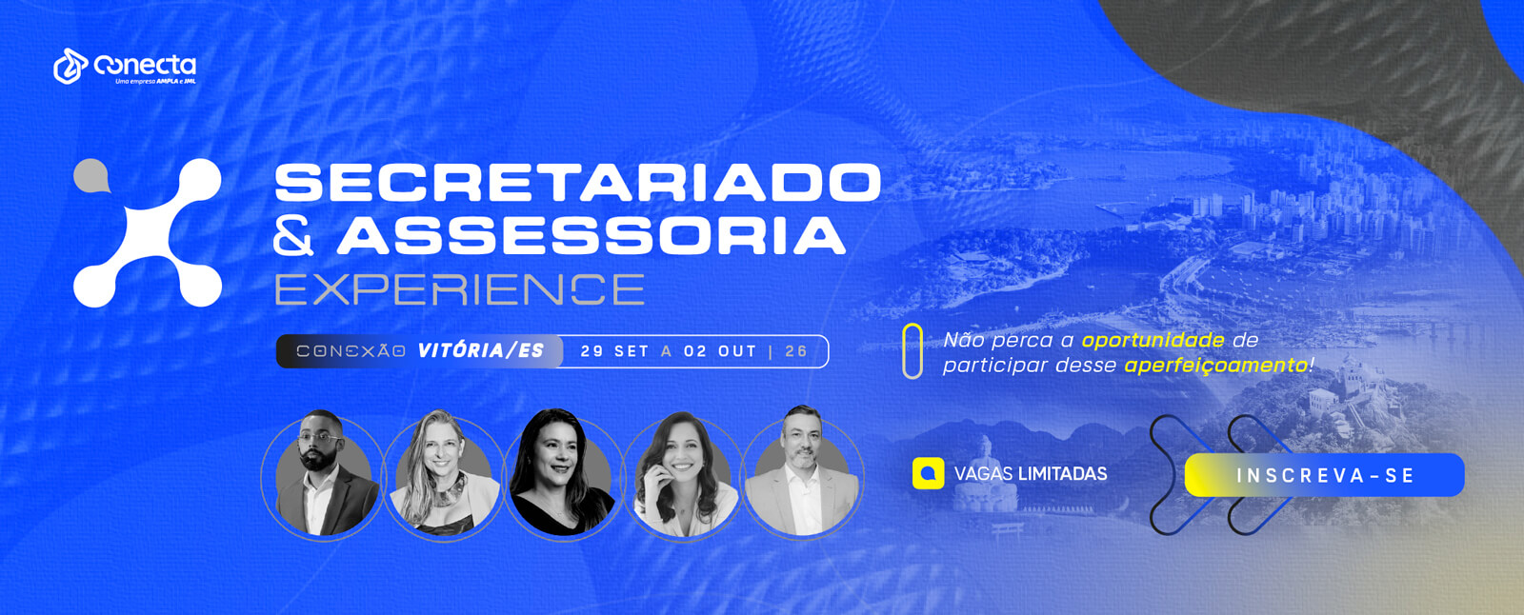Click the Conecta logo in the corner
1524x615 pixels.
(125, 66)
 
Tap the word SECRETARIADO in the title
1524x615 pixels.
(577, 182)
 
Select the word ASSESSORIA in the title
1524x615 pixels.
(591, 235)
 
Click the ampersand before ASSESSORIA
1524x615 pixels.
(293, 235)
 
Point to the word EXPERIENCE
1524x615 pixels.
(460, 289)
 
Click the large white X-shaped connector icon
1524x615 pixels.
(148, 232)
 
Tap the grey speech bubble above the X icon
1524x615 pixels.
(91, 175)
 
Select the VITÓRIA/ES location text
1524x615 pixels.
(481, 350)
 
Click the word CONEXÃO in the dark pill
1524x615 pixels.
(351, 351)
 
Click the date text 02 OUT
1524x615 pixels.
(720, 351)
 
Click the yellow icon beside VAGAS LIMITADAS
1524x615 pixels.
(928, 473)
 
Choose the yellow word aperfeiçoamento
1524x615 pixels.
(1215, 366)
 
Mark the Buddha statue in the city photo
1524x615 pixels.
(985, 474)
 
